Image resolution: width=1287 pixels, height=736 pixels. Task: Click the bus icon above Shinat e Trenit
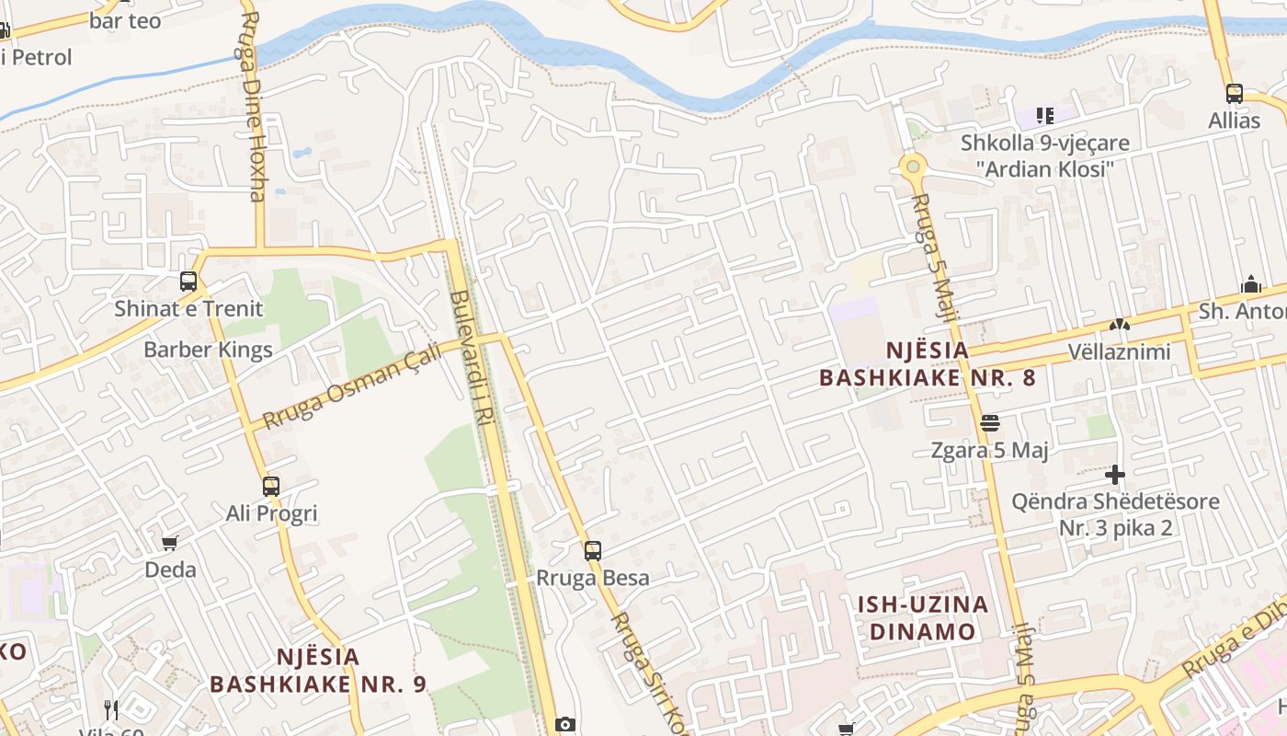(x=188, y=282)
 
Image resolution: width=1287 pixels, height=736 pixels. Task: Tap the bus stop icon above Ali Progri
(x=271, y=487)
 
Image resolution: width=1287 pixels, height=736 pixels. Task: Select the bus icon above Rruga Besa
(x=593, y=551)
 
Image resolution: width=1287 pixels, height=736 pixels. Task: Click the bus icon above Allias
(x=1235, y=94)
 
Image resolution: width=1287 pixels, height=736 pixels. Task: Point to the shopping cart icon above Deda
(x=169, y=544)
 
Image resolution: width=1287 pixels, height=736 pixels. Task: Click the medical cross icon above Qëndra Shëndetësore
(x=1115, y=475)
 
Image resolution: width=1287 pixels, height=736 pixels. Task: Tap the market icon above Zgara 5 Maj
(x=990, y=423)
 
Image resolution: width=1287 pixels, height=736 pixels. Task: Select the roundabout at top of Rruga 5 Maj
(x=912, y=167)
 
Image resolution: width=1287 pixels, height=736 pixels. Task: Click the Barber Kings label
(x=208, y=350)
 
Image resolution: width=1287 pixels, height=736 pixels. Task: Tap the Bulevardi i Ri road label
(x=473, y=359)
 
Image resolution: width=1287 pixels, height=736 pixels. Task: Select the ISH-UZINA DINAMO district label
(x=922, y=617)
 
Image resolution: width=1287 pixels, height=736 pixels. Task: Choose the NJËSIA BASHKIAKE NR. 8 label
(x=928, y=363)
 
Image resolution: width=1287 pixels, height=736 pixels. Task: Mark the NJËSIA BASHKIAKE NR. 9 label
(x=318, y=670)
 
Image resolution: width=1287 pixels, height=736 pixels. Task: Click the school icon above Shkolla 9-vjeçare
(x=1045, y=116)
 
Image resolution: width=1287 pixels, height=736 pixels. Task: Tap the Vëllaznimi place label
(x=1119, y=351)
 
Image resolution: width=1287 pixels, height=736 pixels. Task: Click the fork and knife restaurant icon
(x=111, y=709)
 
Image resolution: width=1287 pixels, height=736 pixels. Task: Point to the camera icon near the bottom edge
(x=565, y=724)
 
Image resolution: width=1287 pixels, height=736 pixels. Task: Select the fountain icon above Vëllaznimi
(x=1119, y=324)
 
